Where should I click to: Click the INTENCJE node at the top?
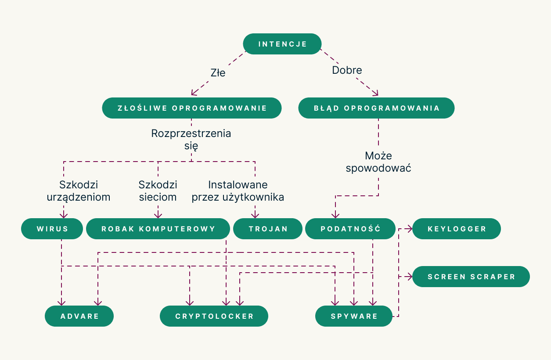pos(282,44)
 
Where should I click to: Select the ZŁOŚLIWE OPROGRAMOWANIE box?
pos(192,108)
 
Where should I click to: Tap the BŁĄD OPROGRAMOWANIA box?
pos(376,108)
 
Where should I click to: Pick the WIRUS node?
pos(52,229)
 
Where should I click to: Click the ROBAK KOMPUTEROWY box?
pos(158,229)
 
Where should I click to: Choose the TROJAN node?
pos(268,229)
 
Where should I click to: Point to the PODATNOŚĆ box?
pos(350,229)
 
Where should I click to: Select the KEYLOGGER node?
pos(457,229)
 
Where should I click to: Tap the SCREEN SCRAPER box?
pos(471,277)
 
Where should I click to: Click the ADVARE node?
pos(79,316)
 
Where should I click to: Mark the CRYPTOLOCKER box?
pos(214,316)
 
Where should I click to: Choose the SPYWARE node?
pos(354,316)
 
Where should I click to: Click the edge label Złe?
pos(218,73)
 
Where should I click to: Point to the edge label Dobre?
pos(347,70)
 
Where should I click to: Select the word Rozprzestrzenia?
pos(191,133)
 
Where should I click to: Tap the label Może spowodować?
pos(378,162)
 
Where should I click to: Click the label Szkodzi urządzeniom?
pos(78,191)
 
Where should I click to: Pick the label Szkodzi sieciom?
pos(158,191)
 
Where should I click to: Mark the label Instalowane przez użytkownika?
pos(238,191)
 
